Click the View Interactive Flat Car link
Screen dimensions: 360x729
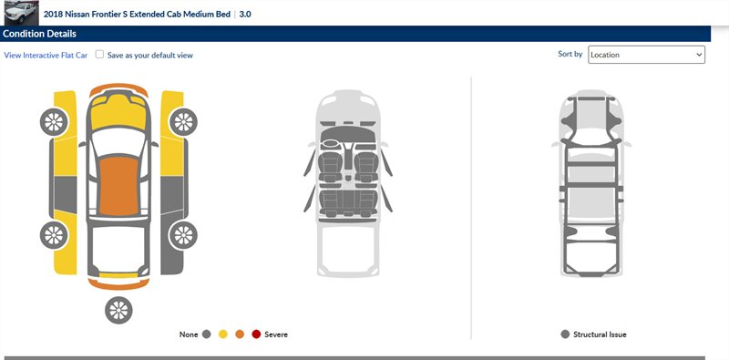[x=45, y=56]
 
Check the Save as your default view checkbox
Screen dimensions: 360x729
[x=99, y=55]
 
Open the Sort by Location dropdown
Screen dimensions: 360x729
[x=646, y=55]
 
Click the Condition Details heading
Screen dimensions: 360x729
[x=39, y=34]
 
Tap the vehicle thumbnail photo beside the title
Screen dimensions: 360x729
[x=19, y=13]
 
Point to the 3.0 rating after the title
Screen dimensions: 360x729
[x=245, y=15]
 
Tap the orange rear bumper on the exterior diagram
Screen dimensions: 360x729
[x=117, y=284]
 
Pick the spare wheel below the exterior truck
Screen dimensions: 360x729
[x=118, y=310]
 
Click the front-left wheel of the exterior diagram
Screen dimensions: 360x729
[x=54, y=121]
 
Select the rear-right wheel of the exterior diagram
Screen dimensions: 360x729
[x=182, y=235]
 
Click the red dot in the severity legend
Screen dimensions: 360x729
[x=256, y=334]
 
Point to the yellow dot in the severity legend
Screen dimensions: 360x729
[x=223, y=334]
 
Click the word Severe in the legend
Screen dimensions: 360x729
[x=276, y=334]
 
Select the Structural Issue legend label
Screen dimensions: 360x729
[x=600, y=334]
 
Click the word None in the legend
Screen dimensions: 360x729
[x=189, y=334]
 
